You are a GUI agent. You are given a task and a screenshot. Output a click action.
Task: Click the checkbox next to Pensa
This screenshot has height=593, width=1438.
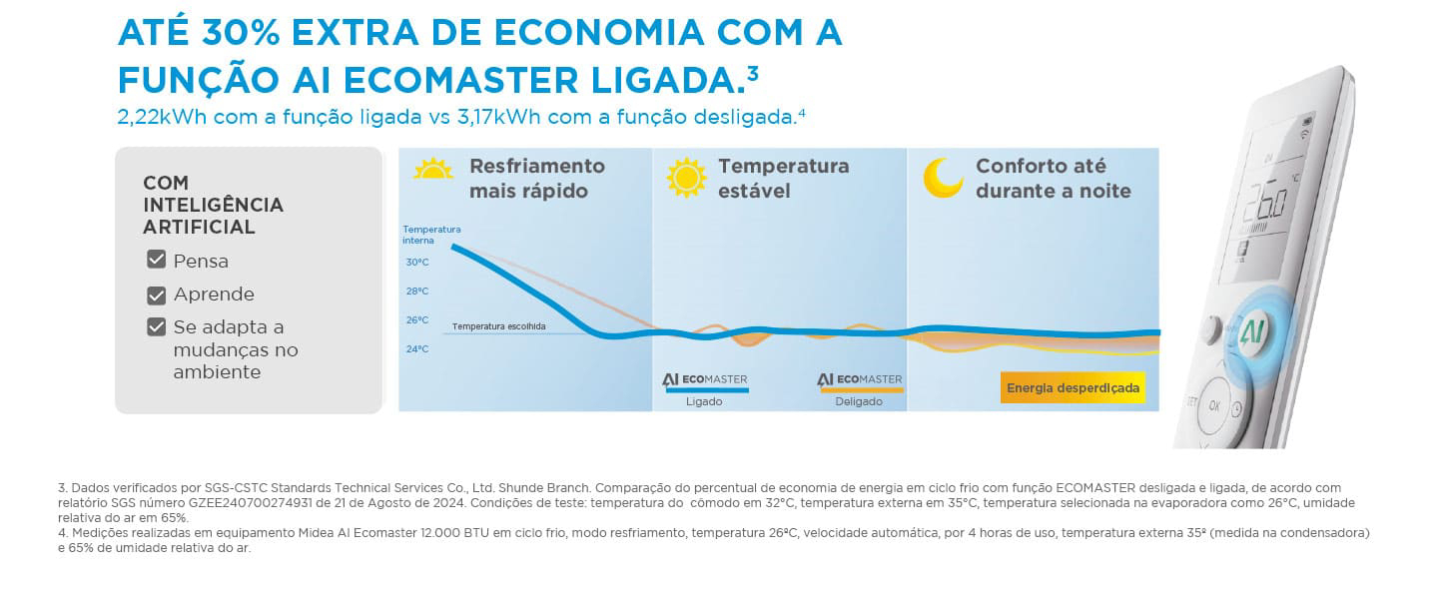(x=156, y=261)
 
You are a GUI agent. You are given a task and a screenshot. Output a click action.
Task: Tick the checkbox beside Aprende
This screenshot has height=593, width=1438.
(x=156, y=295)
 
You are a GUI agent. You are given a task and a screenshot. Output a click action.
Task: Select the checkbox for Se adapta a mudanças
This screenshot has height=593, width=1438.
(x=156, y=327)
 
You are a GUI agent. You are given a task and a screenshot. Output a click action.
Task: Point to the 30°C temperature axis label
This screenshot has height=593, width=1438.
(x=416, y=263)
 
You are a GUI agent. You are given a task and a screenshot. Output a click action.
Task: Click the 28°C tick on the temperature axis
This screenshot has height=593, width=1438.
(x=416, y=292)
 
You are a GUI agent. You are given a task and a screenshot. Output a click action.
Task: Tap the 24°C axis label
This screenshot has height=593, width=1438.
(x=416, y=349)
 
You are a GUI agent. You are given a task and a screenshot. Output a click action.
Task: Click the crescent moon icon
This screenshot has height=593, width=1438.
(x=942, y=177)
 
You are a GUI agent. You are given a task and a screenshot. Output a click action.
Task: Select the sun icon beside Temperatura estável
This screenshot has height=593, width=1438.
(x=686, y=177)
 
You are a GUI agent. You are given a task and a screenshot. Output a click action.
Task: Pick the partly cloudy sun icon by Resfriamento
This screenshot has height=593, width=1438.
(x=433, y=169)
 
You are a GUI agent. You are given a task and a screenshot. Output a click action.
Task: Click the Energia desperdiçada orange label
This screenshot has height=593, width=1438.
(x=1073, y=387)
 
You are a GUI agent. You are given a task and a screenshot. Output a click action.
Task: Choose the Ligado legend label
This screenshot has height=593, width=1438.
(x=704, y=401)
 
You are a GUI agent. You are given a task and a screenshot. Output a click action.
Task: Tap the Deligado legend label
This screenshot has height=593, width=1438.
(x=859, y=401)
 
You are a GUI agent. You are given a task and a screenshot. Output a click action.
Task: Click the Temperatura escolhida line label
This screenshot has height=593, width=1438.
(x=498, y=326)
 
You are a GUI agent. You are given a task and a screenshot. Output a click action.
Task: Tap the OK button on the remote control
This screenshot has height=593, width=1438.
(x=1214, y=405)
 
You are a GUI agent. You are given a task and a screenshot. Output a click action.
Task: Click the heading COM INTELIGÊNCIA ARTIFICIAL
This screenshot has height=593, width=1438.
(x=214, y=205)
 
